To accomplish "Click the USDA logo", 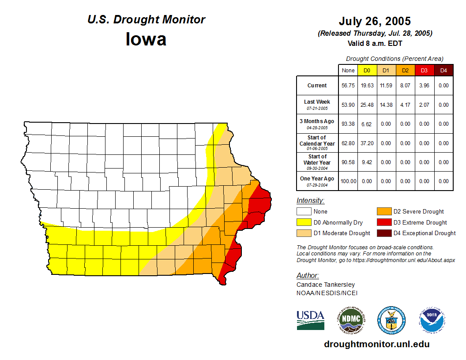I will (x=310, y=320).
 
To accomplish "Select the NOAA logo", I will (x=432, y=320).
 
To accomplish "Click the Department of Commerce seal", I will (x=391, y=320).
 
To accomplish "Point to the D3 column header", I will (x=424, y=70).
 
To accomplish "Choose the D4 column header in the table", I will (x=443, y=70).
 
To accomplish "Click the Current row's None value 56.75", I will (x=348, y=86).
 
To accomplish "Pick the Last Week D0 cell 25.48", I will (x=367, y=105).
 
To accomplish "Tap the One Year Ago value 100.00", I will (x=348, y=181).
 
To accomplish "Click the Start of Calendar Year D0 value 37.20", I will (x=367, y=143).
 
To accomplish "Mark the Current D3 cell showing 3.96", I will (x=424, y=86).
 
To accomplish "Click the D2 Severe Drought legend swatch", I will (x=383, y=212).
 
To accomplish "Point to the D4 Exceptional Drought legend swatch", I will (x=383, y=233).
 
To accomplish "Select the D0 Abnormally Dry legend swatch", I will (x=304, y=222).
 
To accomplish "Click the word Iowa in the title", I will (x=146, y=39).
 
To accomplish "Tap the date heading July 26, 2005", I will (x=375, y=21).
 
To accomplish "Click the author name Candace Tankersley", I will (x=326, y=285).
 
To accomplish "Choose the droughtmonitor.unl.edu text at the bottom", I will (x=376, y=344).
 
